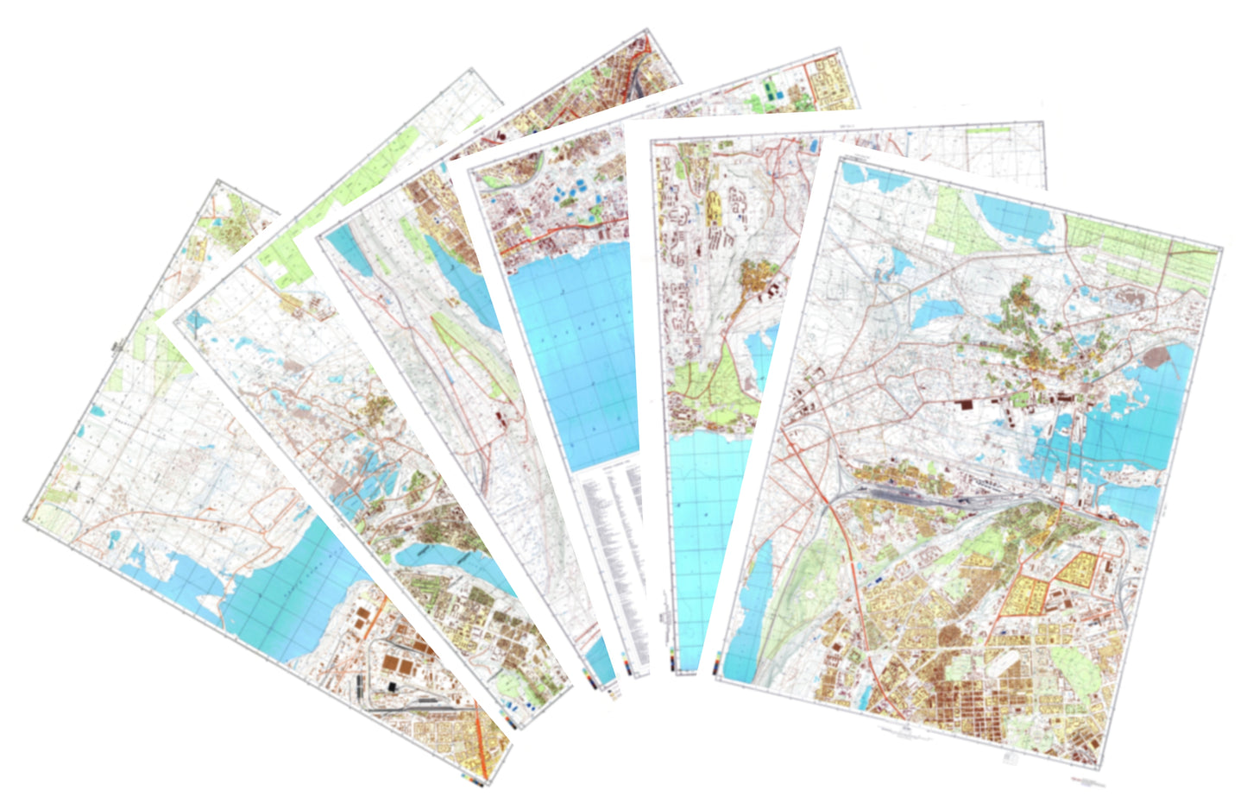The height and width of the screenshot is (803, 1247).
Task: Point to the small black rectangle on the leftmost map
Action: pyautogui.click(x=394, y=686)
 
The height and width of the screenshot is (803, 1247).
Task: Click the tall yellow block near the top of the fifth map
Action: pyautogui.click(x=715, y=207)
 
